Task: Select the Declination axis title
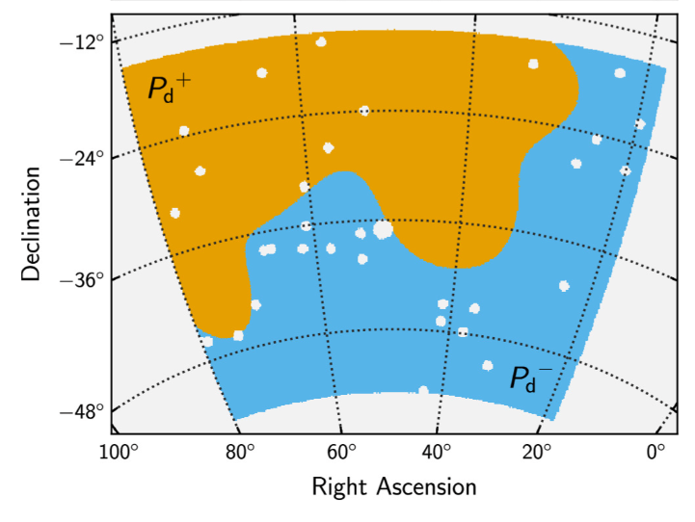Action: coord(32,223)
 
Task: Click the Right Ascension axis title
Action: coord(393,486)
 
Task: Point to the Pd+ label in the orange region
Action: coord(169,89)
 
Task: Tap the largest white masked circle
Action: coord(383,229)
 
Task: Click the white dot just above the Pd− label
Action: coord(488,365)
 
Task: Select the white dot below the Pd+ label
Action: coord(184,130)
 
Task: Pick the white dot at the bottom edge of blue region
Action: coord(423,390)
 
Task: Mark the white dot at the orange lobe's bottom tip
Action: coord(238,335)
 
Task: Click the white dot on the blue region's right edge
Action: coord(639,124)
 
